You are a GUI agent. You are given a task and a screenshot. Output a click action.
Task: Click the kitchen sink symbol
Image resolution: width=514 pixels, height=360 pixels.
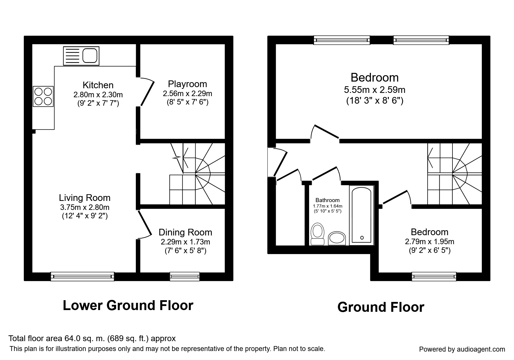[81, 56]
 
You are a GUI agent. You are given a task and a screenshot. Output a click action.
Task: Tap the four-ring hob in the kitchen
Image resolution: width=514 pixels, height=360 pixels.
[44, 96]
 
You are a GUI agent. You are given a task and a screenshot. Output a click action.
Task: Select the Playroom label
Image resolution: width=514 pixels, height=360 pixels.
[187, 84]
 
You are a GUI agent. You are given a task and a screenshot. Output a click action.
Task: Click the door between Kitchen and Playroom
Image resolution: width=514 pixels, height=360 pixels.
[147, 93]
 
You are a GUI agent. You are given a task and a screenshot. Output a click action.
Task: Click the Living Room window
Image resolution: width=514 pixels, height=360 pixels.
[82, 276]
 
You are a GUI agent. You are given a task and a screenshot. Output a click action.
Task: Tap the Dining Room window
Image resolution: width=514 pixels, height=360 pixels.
[185, 276]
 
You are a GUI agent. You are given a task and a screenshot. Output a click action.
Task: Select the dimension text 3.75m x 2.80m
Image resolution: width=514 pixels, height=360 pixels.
[85, 207]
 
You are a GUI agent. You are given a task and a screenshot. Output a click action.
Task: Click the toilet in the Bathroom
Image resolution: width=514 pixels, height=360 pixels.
[317, 234]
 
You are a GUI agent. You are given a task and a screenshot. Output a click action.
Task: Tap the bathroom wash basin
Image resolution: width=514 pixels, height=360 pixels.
[337, 238]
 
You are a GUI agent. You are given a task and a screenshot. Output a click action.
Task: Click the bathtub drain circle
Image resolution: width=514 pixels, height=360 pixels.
[362, 238]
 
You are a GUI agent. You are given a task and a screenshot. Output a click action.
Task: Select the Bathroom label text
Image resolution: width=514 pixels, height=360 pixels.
[327, 200]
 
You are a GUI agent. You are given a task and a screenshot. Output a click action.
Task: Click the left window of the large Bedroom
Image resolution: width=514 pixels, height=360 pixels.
[342, 40]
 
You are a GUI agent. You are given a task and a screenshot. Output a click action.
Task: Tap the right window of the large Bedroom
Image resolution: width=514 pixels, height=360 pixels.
[421, 40]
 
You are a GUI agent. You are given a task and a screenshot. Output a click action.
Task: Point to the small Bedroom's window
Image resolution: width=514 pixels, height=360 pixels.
[434, 276]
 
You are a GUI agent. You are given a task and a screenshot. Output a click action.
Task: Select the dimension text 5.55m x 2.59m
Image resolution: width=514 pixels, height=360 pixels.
[374, 90]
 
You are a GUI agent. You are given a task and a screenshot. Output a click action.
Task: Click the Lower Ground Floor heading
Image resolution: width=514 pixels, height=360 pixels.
[128, 306]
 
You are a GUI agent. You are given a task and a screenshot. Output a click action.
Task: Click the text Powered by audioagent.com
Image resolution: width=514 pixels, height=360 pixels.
[462, 349]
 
